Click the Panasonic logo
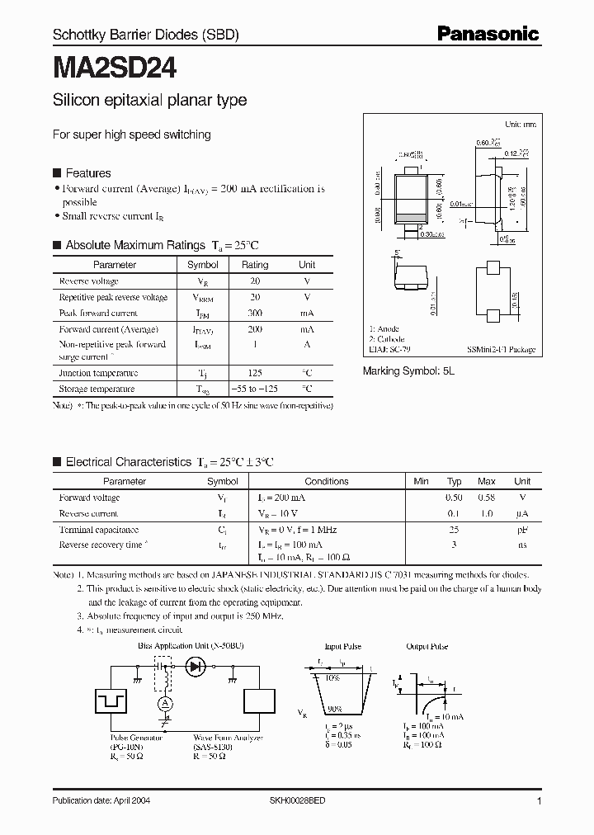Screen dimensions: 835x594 coord(488,34)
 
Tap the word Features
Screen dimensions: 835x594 coord(87,173)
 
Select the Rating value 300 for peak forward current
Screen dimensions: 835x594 coord(255,314)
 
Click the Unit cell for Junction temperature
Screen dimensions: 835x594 coord(307,373)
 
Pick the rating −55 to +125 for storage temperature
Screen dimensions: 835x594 coord(255,388)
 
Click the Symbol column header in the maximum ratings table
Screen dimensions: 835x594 coord(203,265)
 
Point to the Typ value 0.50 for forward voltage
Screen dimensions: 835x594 coord(454,498)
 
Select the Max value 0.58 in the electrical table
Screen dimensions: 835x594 coord(487,498)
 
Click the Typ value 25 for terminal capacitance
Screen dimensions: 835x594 coord(454,530)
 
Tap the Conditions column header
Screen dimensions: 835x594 coord(327,481)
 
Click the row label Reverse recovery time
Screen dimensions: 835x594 coord(101,545)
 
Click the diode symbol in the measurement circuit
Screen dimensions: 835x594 coord(196,666)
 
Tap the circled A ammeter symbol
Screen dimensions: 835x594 coord(165,702)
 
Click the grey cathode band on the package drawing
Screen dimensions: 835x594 coord(410,217)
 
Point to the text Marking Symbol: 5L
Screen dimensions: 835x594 coord(409,371)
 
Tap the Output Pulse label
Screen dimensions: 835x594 coord(427,647)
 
